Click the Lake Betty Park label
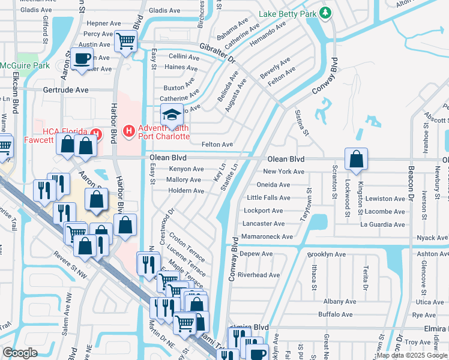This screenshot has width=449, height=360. click(288, 14)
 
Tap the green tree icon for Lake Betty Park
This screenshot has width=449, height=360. click(325, 13)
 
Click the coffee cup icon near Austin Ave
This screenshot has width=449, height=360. click(83, 59)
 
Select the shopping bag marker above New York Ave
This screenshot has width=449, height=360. click(356, 160)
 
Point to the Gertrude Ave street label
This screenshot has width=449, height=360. click(65, 89)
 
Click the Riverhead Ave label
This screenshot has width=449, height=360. click(259, 275)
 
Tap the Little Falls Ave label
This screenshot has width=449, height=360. click(268, 198)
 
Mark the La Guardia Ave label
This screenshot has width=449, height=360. click(382, 224)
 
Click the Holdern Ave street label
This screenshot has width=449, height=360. click(185, 191)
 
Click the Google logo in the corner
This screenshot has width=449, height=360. click(20, 353)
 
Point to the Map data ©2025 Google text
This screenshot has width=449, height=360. click(412, 355)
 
